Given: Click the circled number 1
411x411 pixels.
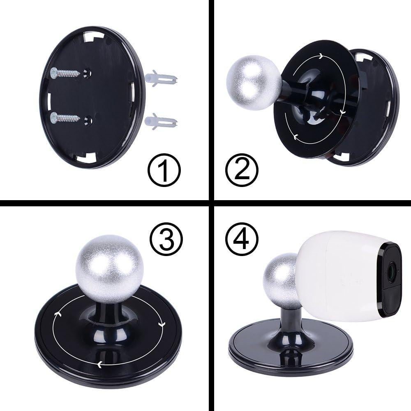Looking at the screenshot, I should [x=164, y=171].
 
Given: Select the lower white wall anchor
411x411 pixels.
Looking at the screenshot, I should [x=161, y=122].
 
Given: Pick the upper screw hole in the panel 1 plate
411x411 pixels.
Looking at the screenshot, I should [x=87, y=72].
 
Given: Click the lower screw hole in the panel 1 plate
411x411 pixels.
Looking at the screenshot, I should [x=87, y=120].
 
